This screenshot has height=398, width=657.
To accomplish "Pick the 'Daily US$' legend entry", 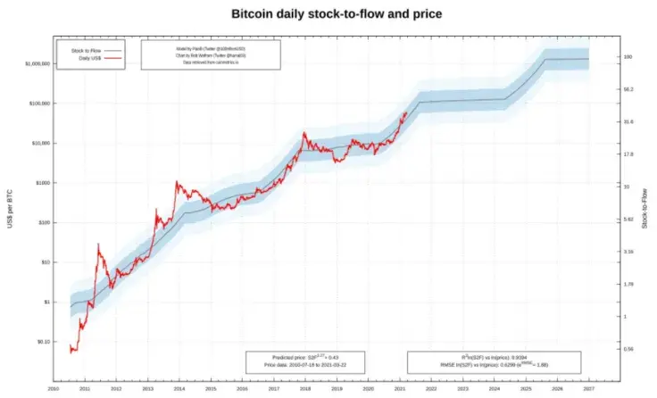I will pyautogui.click(x=86, y=57).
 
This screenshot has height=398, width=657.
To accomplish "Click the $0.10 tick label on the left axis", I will pyautogui.click(x=39, y=342).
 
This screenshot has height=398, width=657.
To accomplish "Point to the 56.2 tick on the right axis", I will pyautogui.click(x=628, y=89).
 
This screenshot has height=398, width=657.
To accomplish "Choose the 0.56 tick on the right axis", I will pyautogui.click(x=628, y=349).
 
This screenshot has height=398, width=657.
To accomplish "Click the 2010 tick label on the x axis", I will pyautogui.click(x=54, y=388).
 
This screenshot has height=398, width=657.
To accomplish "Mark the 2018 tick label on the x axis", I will pyautogui.click(x=306, y=388).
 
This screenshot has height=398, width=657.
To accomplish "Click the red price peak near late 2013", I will pyautogui.click(x=177, y=182).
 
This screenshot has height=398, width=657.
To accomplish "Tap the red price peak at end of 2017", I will pyautogui.click(x=305, y=133).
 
